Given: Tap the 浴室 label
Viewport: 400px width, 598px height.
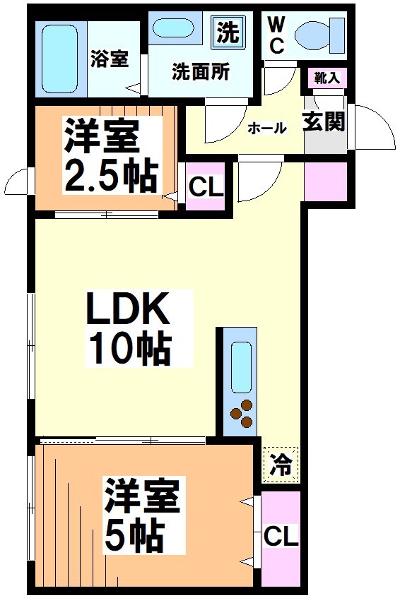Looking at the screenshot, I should [x=110, y=59].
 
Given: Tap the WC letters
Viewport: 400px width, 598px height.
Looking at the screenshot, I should [x=276, y=35].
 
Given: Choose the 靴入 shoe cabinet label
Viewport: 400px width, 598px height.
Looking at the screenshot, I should [x=327, y=78].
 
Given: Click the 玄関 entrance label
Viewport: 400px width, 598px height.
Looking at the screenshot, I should [x=325, y=121].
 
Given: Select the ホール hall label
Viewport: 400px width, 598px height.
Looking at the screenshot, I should [x=266, y=128].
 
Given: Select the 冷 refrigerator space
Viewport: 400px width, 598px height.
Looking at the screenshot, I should [x=281, y=465].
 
